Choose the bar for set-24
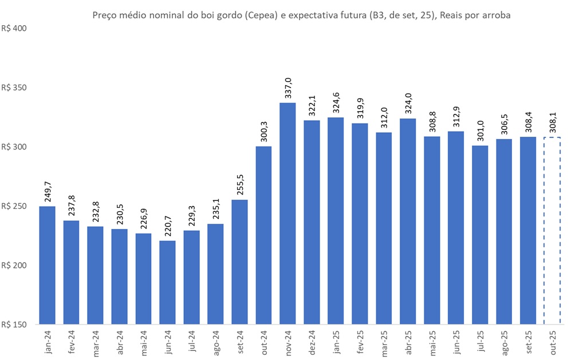tap(239, 262)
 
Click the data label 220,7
tap(168, 225)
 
